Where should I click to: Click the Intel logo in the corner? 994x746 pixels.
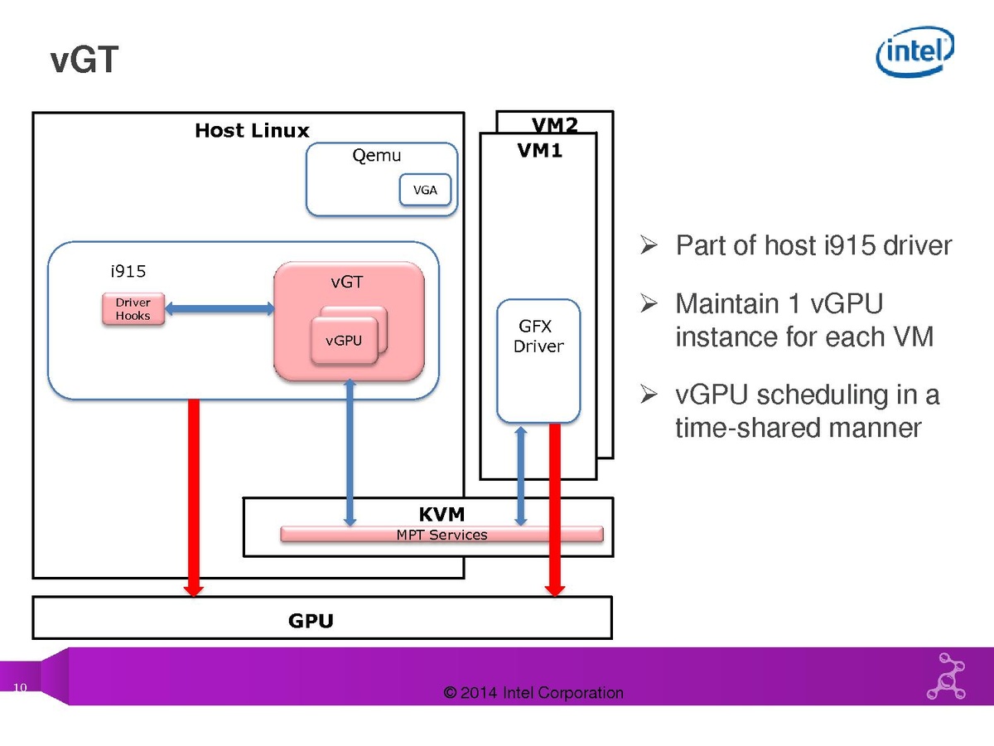pyautogui.click(x=915, y=51)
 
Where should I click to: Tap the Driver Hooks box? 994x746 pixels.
pyautogui.click(x=133, y=309)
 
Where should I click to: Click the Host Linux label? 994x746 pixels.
pyautogui.click(x=252, y=131)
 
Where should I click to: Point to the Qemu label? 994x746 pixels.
pyautogui.click(x=377, y=156)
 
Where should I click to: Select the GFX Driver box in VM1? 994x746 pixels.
pyautogui.click(x=538, y=361)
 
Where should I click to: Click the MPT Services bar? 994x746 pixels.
pyautogui.click(x=442, y=535)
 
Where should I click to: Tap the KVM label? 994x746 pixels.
pyautogui.click(x=442, y=515)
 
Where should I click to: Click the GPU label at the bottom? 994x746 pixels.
pyautogui.click(x=311, y=621)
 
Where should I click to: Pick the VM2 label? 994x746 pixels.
pyautogui.click(x=554, y=125)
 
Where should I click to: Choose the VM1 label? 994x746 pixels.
pyautogui.click(x=540, y=152)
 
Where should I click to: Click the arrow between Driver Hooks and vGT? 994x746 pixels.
pyautogui.click(x=220, y=309)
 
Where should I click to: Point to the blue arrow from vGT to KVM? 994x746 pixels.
pyautogui.click(x=350, y=452)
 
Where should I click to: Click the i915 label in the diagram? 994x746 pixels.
pyautogui.click(x=128, y=271)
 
